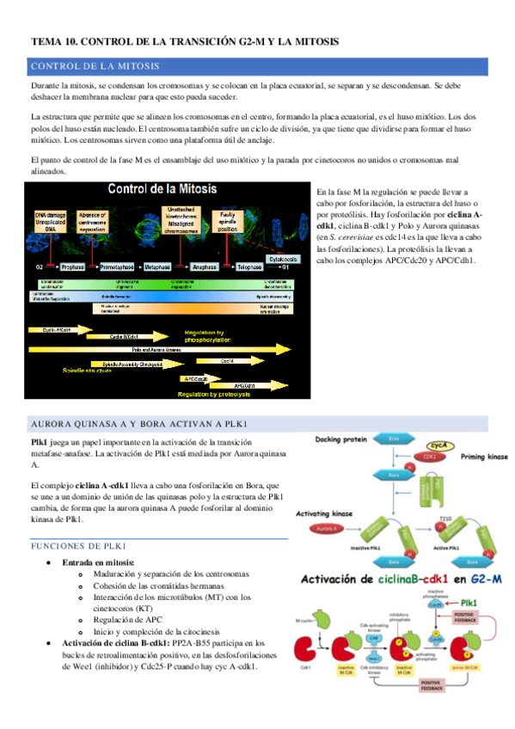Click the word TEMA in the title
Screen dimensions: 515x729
coord(45,40)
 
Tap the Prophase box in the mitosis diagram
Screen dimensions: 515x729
coord(72,243)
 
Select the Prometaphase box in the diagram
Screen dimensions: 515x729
coord(116,243)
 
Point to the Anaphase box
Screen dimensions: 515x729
coord(204,243)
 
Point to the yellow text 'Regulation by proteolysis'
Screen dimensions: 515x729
coord(213,395)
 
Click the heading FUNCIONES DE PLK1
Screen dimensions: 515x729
coord(79,546)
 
